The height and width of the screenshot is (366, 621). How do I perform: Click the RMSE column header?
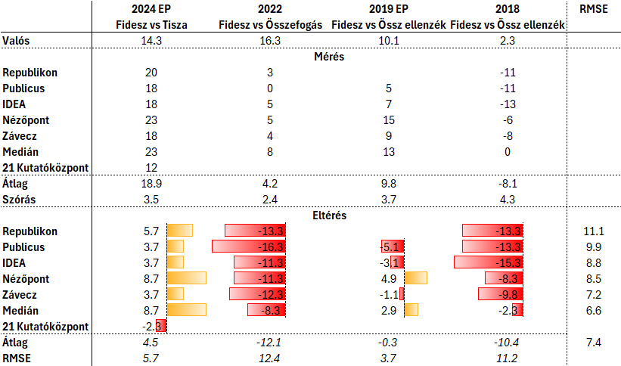click(x=592, y=9)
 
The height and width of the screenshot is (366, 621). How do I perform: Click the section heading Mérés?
click(x=328, y=57)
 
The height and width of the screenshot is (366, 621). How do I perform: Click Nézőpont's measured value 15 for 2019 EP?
click(x=389, y=120)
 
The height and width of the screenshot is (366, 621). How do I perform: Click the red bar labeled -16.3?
click(x=248, y=247)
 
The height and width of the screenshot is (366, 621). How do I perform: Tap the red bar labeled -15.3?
click(x=488, y=262)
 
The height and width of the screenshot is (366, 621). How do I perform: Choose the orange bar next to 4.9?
click(x=416, y=278)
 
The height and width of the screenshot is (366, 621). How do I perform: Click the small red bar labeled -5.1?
click(x=392, y=247)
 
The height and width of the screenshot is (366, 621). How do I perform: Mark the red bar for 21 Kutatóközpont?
click(x=160, y=326)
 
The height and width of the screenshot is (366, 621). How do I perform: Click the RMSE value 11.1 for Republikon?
click(x=592, y=231)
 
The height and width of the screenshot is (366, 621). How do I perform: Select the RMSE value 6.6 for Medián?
click(x=592, y=310)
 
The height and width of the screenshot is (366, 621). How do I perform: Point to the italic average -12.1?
click(x=269, y=342)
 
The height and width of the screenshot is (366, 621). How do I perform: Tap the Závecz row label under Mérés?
click(x=20, y=136)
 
